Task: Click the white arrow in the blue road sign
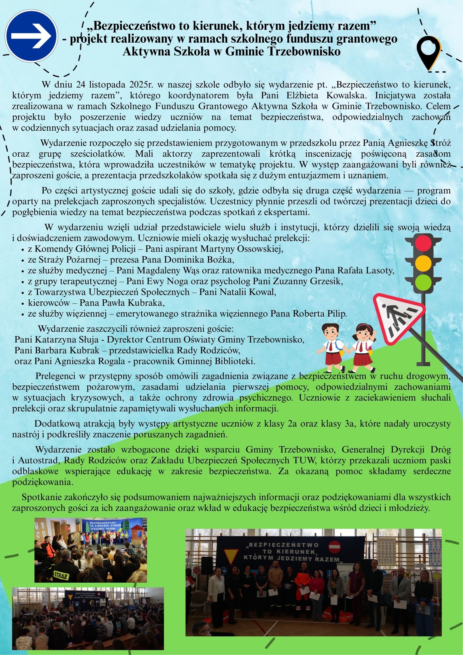pos(31,36)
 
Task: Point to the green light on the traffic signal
pos(423,282)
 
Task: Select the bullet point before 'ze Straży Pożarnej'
pos(23,260)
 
